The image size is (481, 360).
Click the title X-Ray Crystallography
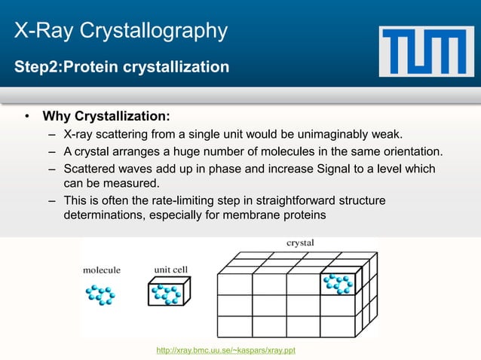(x=120, y=31)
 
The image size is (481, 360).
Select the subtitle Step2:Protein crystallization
(x=121, y=68)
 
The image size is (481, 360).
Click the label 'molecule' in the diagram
(x=102, y=270)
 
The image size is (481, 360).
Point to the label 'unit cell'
(x=171, y=268)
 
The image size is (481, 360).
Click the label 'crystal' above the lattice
(x=300, y=243)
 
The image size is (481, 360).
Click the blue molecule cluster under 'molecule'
(x=100, y=294)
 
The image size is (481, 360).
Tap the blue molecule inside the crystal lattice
(x=338, y=285)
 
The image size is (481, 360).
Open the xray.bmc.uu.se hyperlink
(x=225, y=351)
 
